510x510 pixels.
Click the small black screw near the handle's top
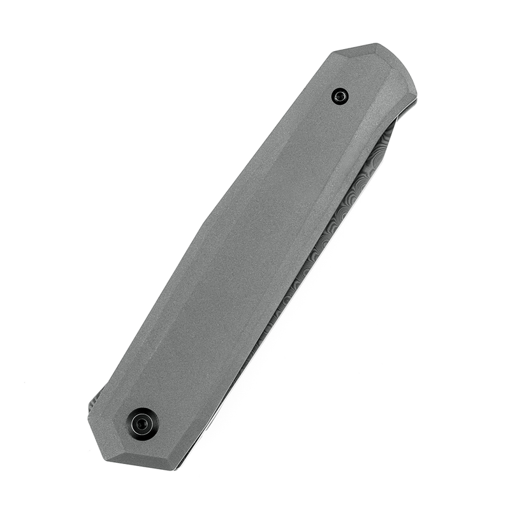click(340, 96)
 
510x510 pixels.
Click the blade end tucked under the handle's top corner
click(390, 127)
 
